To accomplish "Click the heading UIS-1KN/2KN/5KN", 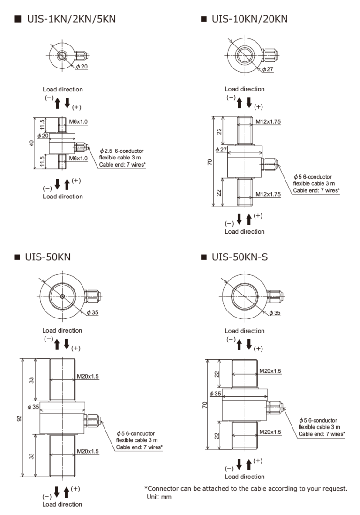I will coord(70,19).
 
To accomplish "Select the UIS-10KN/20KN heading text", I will coord(249,19).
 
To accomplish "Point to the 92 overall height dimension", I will coord(20,417).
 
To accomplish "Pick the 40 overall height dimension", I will coord(31,143).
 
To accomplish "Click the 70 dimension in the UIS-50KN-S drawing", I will coord(205,405).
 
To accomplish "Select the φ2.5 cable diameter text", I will coord(106,151).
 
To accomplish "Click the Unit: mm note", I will coord(159,496).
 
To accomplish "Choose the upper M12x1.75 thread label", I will coord(268,121).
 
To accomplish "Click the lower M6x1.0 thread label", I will coord(79,159).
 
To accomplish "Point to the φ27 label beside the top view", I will coord(268,69).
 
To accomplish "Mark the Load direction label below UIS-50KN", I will coord(62,504).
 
